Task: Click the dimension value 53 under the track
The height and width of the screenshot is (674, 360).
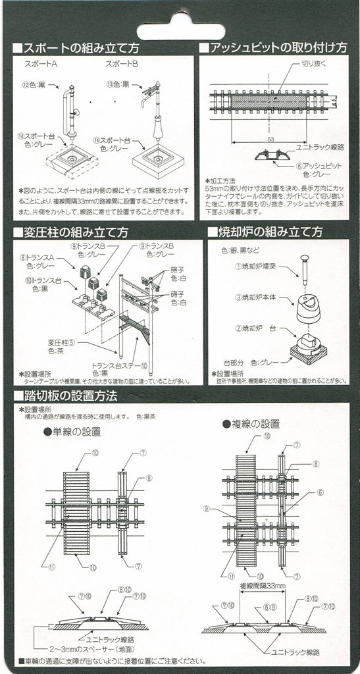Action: click(x=271, y=140)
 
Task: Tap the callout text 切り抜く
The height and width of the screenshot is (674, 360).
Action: click(x=313, y=64)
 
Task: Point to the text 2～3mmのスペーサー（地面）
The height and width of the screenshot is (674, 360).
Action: click(x=89, y=649)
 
